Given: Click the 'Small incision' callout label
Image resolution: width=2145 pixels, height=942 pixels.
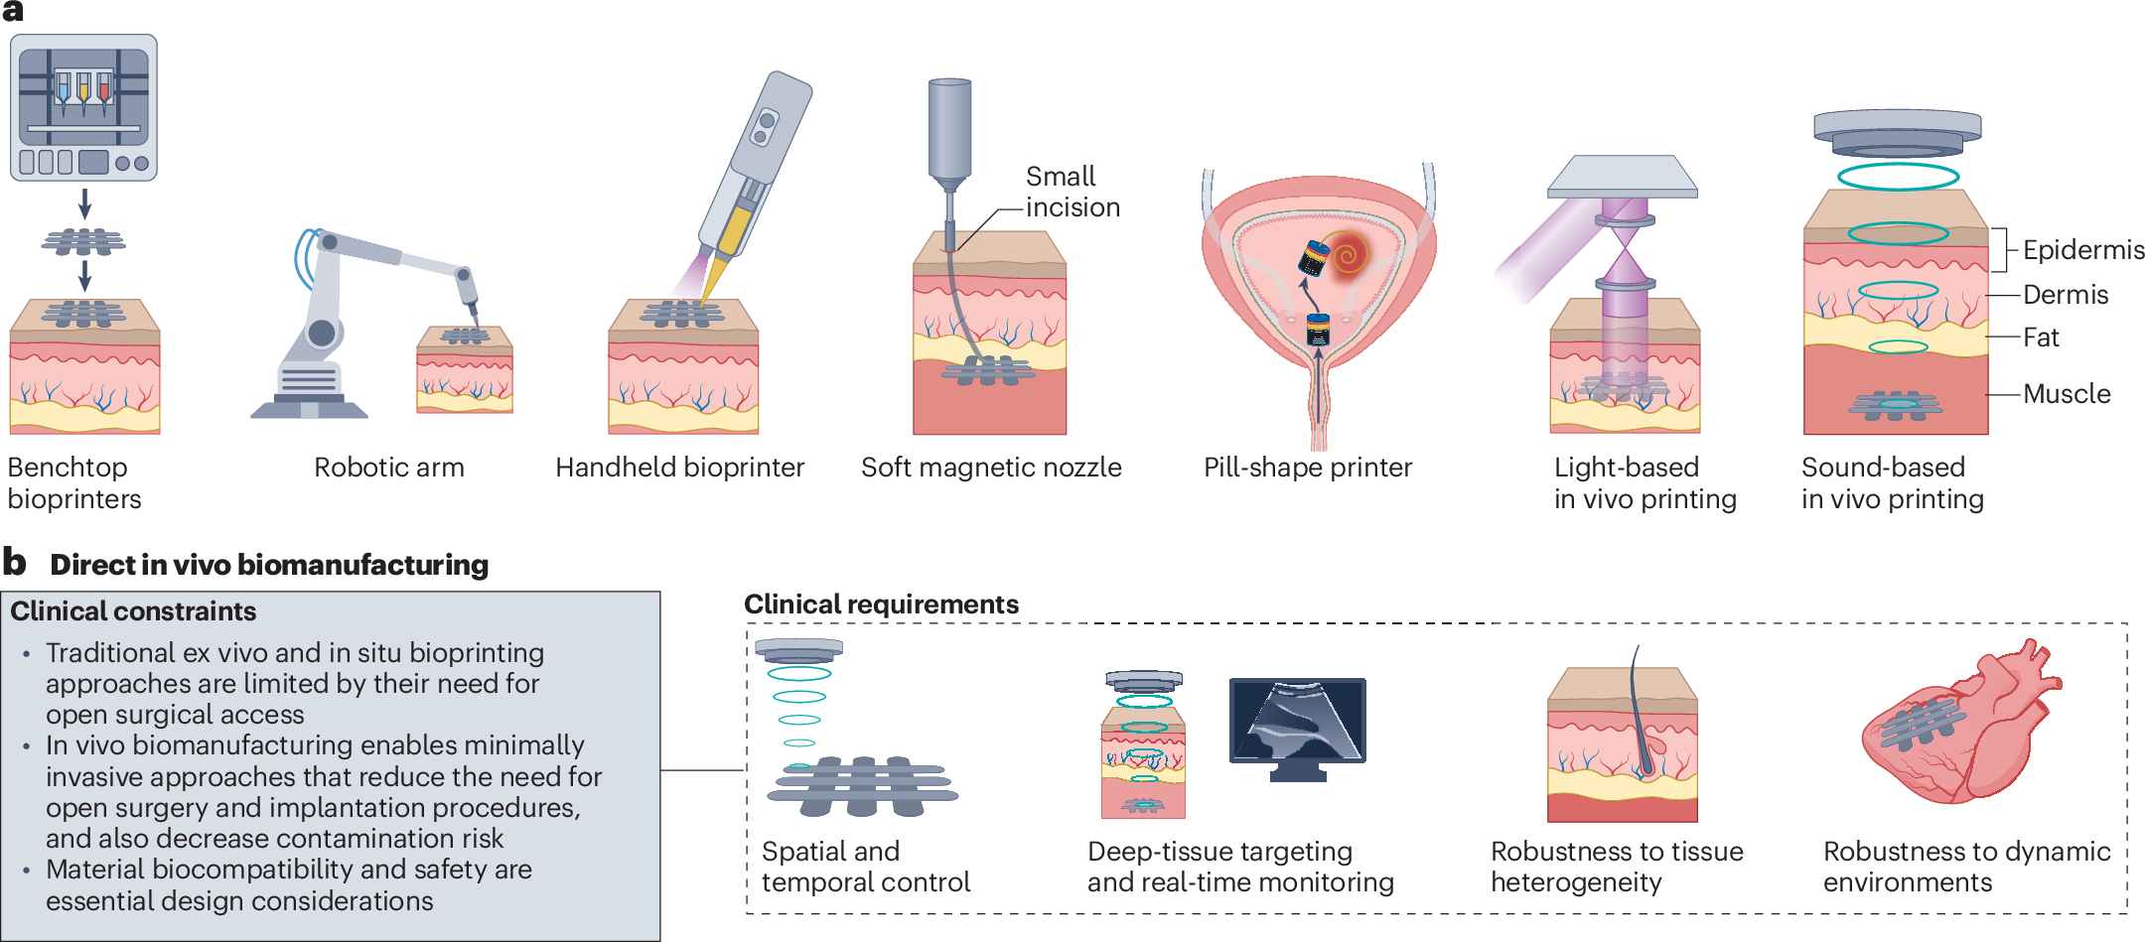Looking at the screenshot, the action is coord(1072,192).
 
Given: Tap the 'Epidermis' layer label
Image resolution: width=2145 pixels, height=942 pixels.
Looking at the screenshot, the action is coord(2083,250).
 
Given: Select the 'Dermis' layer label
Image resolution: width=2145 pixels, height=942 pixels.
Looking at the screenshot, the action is coord(2066,295).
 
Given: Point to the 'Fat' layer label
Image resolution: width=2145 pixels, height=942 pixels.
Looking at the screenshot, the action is coord(2042,337).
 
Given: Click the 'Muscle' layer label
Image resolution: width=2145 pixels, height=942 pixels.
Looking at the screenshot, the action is coord(2067,394).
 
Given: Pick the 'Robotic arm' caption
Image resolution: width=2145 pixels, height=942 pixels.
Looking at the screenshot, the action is coord(389,468).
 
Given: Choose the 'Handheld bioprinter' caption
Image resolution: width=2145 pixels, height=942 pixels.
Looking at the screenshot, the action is coord(680,468).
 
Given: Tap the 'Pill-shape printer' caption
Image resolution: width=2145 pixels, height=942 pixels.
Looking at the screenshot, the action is coord(1308,468).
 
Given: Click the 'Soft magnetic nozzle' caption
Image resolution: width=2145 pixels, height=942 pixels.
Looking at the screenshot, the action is coord(991,468).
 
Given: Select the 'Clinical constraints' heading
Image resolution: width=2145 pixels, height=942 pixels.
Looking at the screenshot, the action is coord(133,611).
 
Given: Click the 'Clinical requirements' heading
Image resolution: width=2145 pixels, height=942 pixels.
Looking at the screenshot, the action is coord(882,605).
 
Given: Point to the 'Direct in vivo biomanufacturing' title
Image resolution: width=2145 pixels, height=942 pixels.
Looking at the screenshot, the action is coord(269,565).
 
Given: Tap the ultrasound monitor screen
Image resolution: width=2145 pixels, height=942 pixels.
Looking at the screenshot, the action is coord(1297,721).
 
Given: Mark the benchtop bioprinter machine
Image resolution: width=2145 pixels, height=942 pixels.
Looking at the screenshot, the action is coord(83,108).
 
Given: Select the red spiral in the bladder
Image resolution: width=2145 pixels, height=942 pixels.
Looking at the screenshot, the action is coord(1347,256).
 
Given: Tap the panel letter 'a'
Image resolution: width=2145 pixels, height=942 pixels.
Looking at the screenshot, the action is coord(13,11).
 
